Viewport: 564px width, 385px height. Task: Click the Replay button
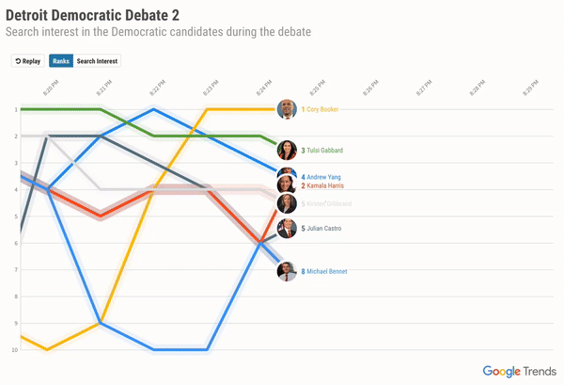pos(26,61)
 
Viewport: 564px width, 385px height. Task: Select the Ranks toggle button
pos(61,61)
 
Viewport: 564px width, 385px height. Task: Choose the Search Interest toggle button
pos(98,61)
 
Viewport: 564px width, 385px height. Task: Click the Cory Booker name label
pos(322,110)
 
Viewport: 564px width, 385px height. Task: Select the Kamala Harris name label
pos(326,185)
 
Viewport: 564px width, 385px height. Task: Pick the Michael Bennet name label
pos(327,271)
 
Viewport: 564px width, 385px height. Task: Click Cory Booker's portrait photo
pos(288,109)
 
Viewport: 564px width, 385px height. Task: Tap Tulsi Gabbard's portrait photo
pos(288,150)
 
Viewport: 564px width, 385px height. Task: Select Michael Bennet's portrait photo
pos(288,271)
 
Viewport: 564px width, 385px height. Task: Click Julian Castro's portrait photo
pos(288,227)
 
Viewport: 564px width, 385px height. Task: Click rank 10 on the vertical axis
pos(14,350)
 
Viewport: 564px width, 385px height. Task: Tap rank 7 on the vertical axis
pos(15,270)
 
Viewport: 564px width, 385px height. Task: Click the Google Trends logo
pos(517,371)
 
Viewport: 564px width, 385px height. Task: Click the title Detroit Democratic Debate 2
pos(93,16)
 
